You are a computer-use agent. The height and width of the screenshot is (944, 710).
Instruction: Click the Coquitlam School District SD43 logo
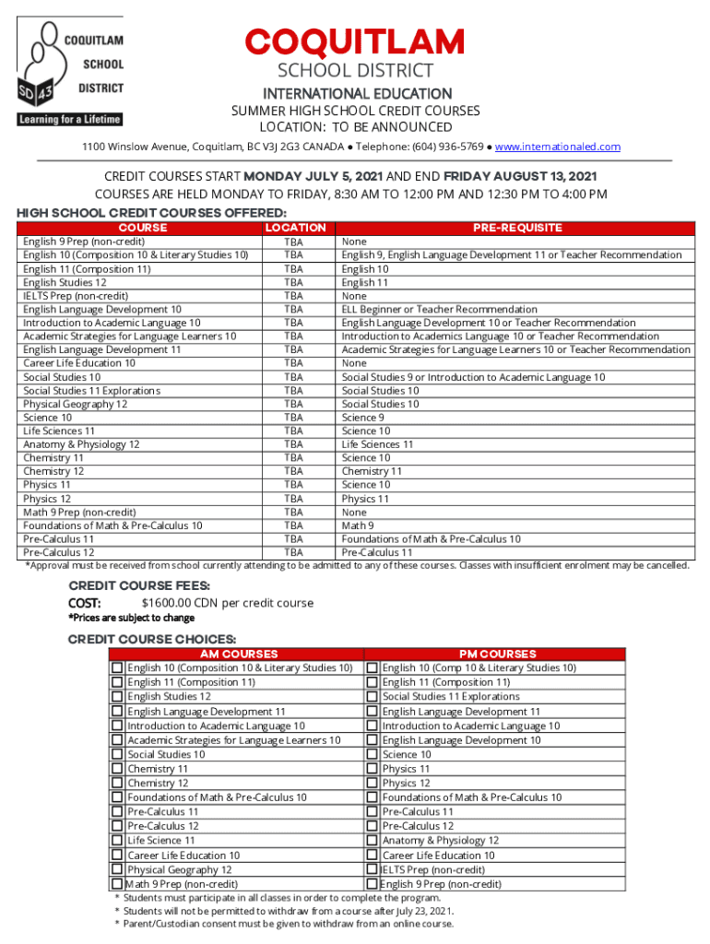69,68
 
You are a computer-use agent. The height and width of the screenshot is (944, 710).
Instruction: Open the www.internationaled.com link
558,147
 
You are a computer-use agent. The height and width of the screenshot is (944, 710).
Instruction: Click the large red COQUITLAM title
355,42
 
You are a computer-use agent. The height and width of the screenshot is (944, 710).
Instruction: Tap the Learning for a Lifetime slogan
70,120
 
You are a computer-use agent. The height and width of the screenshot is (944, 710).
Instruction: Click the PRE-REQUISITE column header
516,228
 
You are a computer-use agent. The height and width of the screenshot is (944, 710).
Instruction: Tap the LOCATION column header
295,228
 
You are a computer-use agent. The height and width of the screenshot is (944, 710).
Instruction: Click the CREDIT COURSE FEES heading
139,585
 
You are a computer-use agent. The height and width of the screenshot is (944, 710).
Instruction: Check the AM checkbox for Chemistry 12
117,783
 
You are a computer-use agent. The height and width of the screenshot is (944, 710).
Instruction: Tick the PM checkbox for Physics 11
373,769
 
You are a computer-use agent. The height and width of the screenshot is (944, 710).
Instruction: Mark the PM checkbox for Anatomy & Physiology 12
373,841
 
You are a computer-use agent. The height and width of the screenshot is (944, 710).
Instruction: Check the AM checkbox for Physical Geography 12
117,869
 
